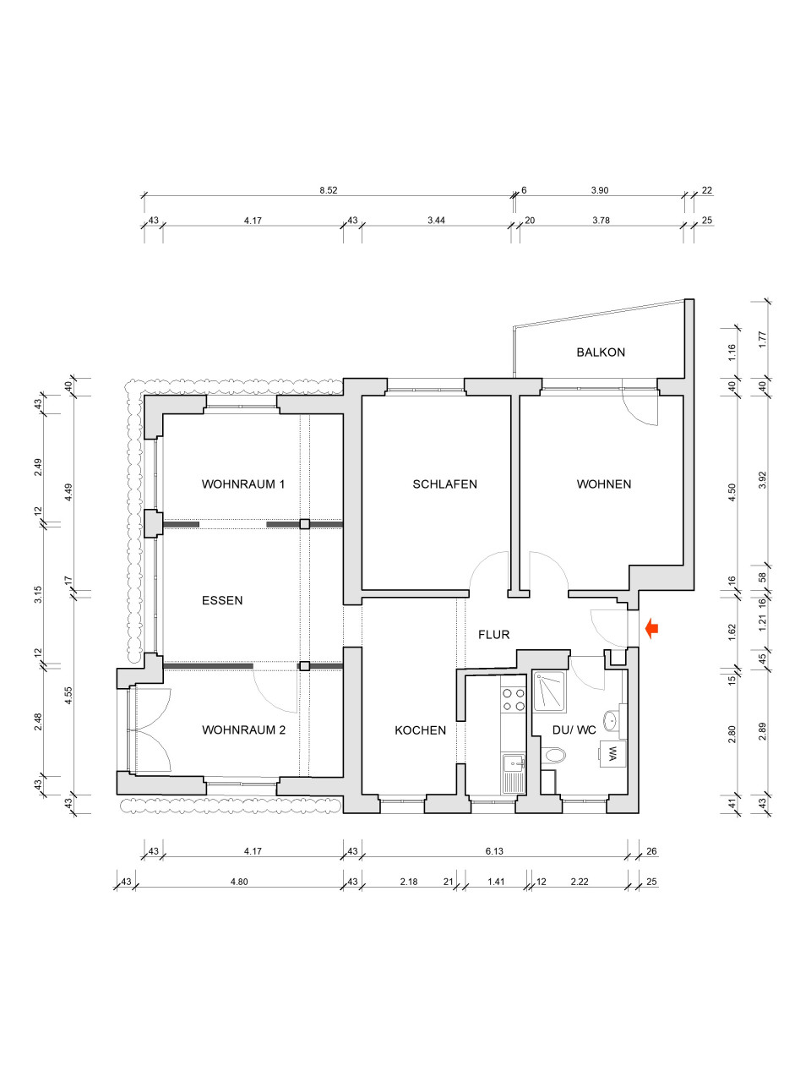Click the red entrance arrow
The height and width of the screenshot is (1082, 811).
click(x=652, y=629)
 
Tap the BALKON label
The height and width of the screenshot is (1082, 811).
click(x=601, y=352)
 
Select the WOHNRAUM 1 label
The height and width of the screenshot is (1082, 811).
click(x=243, y=484)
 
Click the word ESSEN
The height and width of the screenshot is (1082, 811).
click(x=222, y=600)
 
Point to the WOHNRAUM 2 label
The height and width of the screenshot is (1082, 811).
click(x=244, y=730)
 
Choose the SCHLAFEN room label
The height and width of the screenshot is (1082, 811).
click(x=444, y=484)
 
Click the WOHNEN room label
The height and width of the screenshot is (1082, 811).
click(x=604, y=484)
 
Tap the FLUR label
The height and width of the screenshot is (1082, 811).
click(x=494, y=635)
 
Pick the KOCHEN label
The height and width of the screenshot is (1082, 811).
click(x=420, y=730)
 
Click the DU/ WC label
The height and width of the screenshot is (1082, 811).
click(x=574, y=730)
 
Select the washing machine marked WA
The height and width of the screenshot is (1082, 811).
click(x=612, y=754)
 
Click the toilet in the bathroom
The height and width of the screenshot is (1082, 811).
click(x=553, y=755)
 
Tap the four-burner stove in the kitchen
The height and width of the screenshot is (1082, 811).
click(x=513, y=700)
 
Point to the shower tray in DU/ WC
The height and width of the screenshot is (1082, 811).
click(x=549, y=691)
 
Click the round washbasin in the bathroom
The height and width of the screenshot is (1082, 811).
click(x=611, y=720)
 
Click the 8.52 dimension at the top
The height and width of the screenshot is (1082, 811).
click(x=329, y=190)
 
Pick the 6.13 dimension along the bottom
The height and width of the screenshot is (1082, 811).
click(x=494, y=851)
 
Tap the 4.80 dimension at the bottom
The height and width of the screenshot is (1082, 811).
click(x=239, y=882)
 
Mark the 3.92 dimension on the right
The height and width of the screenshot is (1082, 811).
click(x=762, y=481)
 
